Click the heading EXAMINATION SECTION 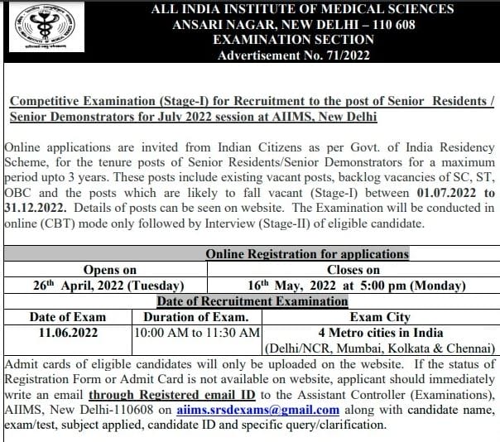294,40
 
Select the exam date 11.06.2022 64,332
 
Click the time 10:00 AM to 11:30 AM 198,332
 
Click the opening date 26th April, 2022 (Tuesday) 110,285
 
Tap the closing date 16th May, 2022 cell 353,285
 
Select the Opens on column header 110,270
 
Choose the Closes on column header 353,270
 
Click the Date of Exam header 64,316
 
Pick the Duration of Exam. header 196,316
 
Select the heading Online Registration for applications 306,254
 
